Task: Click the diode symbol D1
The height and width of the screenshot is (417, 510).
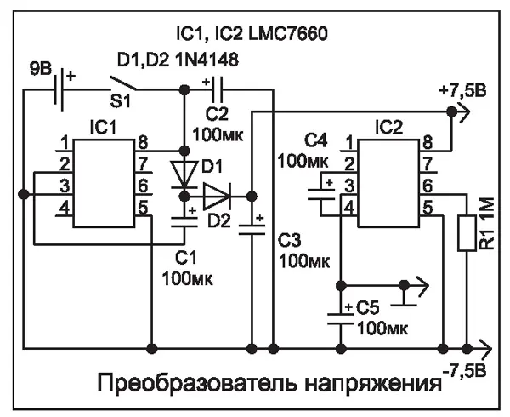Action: (x=184, y=172)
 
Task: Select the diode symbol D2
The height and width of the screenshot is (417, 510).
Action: (x=218, y=195)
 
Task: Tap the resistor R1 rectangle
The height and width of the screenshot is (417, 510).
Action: (x=467, y=232)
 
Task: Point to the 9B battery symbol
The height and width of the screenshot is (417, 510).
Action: (x=59, y=89)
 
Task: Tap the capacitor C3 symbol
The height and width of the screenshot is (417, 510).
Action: (x=252, y=225)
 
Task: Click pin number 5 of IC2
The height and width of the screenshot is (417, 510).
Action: (x=427, y=205)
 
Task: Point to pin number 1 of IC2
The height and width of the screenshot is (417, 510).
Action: (x=347, y=141)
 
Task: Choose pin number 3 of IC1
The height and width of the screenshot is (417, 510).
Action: (x=63, y=184)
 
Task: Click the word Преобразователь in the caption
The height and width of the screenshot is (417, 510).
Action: (x=187, y=384)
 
